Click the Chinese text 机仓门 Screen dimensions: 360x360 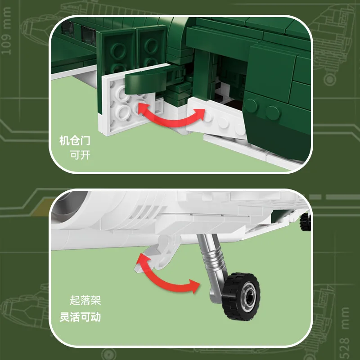pos(74,141)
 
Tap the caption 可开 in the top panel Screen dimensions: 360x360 pos(81,155)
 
